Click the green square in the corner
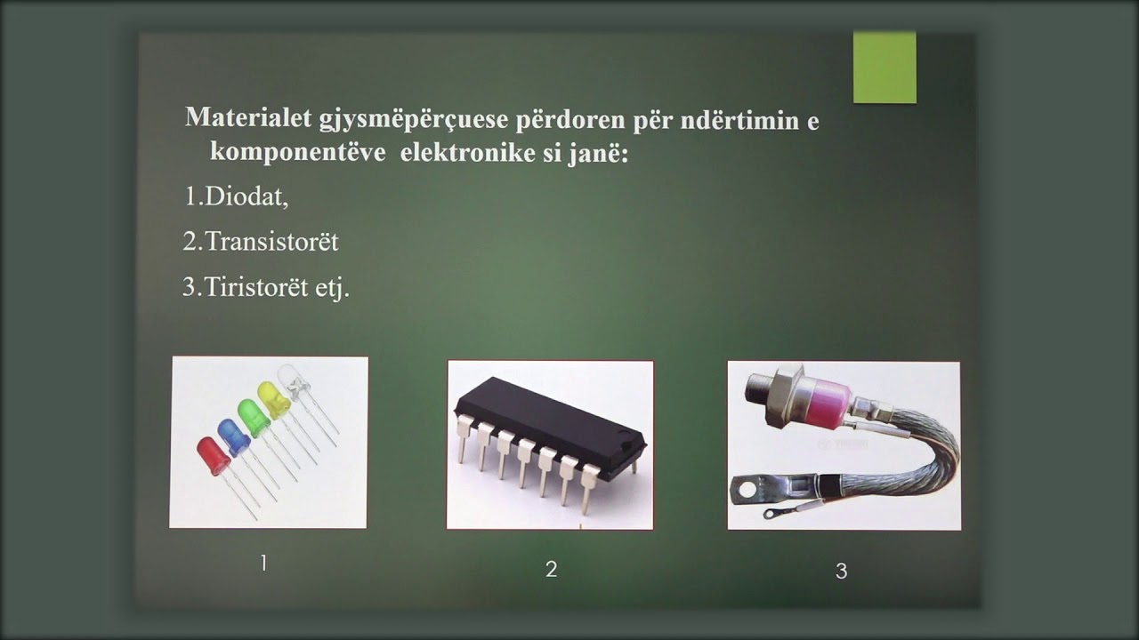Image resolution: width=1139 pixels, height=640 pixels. click(x=885, y=68)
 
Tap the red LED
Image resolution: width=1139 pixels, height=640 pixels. click(x=213, y=455)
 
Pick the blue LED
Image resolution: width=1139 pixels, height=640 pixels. click(x=233, y=436)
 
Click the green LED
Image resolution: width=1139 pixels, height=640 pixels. click(x=254, y=418)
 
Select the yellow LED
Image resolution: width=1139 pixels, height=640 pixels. click(x=273, y=400)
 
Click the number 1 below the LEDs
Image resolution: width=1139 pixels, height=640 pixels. click(x=263, y=563)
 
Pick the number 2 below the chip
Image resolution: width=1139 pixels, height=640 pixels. click(x=551, y=570)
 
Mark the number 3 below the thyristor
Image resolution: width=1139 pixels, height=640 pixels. click(x=841, y=572)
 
